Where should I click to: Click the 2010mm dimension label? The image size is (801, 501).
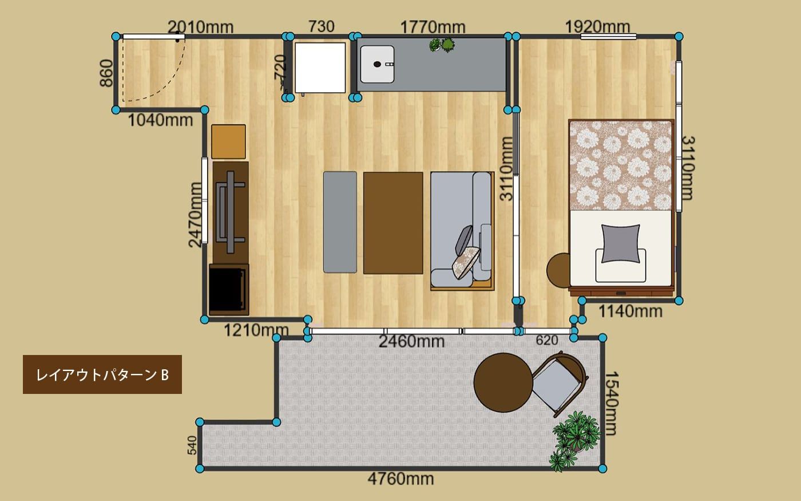pyautogui.click(x=200, y=27)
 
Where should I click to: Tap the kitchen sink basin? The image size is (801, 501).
pyautogui.click(x=377, y=64)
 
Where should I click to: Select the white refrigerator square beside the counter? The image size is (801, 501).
pyautogui.click(x=320, y=68)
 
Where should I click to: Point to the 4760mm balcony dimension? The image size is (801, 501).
pyautogui.click(x=400, y=479)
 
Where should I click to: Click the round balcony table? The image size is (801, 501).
pyautogui.click(x=503, y=382)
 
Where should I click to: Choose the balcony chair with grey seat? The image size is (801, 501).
pyautogui.click(x=560, y=385)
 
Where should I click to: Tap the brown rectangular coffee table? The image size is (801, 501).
pyautogui.click(x=393, y=223)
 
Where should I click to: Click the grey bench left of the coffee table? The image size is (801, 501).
pyautogui.click(x=340, y=222)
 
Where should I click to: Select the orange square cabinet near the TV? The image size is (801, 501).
pyautogui.click(x=228, y=141)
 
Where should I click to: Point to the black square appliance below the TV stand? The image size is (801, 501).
pyautogui.click(x=229, y=290)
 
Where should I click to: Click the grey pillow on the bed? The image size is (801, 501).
pyautogui.click(x=621, y=244)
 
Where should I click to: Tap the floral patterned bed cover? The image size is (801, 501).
pyautogui.click(x=621, y=165)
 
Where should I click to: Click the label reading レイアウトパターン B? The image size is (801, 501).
pyautogui.click(x=102, y=375)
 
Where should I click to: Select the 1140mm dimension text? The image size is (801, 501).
pyautogui.click(x=630, y=311)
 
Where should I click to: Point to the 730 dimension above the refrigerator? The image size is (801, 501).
pyautogui.click(x=321, y=26)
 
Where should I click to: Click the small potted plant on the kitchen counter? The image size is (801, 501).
pyautogui.click(x=442, y=45)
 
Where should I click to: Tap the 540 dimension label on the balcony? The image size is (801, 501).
pyautogui.click(x=192, y=445)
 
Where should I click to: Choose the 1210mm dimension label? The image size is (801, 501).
pyautogui.click(x=256, y=330)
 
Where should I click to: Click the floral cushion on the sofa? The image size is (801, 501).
pyautogui.click(x=466, y=262)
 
